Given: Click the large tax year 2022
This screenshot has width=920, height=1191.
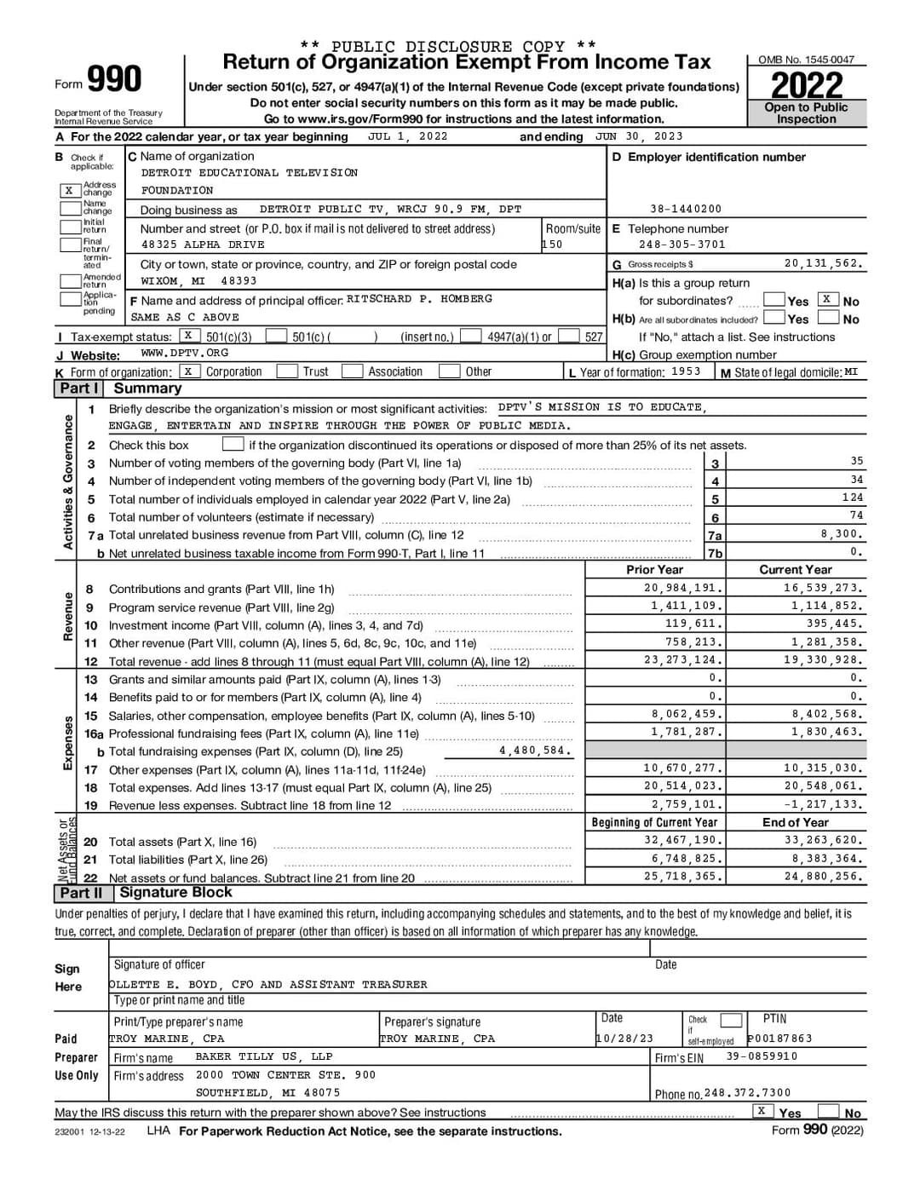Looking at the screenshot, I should click(x=806, y=85).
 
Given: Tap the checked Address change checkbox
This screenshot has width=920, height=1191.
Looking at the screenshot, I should click(x=69, y=190).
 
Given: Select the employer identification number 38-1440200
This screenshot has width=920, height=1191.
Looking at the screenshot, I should click(x=685, y=209).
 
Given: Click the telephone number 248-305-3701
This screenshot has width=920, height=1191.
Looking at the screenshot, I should click(x=681, y=245).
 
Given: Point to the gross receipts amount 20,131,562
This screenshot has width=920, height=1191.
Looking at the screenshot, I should click(x=823, y=264).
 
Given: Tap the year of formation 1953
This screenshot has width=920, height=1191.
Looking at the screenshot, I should click(x=686, y=371).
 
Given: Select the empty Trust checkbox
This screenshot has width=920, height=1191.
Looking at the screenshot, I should click(x=287, y=371).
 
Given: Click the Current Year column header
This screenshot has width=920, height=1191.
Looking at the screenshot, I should click(x=795, y=570).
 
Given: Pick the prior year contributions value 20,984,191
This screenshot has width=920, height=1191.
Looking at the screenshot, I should click(x=683, y=589).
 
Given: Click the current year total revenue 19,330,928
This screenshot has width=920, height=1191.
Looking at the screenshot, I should click(x=823, y=660).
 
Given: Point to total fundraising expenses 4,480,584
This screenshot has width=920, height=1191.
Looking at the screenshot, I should click(x=534, y=751).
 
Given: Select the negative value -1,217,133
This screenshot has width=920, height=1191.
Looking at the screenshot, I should click(x=823, y=805).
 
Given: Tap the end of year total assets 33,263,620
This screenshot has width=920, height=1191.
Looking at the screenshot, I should click(x=823, y=841).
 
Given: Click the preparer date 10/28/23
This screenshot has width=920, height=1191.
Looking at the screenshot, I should click(x=624, y=1039).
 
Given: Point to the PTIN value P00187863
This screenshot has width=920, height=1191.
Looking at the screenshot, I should click(x=779, y=1039).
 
